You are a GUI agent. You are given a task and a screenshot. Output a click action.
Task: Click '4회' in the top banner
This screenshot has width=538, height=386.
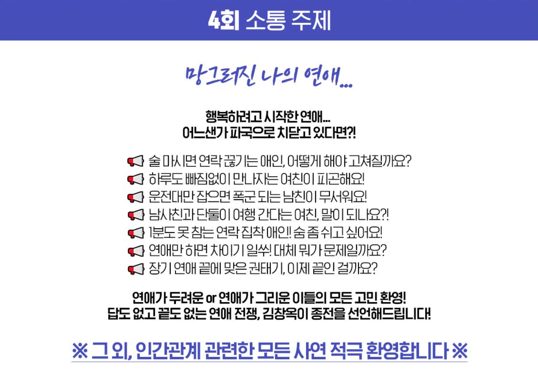[x=223, y=20]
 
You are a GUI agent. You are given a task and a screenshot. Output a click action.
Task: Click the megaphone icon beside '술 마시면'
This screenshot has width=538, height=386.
[x=135, y=161]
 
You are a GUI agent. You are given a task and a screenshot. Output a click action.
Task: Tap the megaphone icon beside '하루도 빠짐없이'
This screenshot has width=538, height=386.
[x=135, y=179]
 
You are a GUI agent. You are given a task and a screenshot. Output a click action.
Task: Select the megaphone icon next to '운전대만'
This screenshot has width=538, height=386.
[x=135, y=197]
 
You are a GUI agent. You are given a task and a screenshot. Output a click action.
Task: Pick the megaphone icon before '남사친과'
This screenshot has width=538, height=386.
[x=135, y=215]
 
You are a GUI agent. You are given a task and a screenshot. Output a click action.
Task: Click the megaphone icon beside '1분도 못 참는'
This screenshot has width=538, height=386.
[x=135, y=233]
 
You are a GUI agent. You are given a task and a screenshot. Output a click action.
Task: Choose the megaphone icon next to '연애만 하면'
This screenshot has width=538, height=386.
[x=135, y=251]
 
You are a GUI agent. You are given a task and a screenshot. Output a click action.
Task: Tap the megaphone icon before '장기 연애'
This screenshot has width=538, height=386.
[x=135, y=269]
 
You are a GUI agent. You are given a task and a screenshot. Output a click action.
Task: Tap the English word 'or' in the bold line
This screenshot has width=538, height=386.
[x=211, y=298]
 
